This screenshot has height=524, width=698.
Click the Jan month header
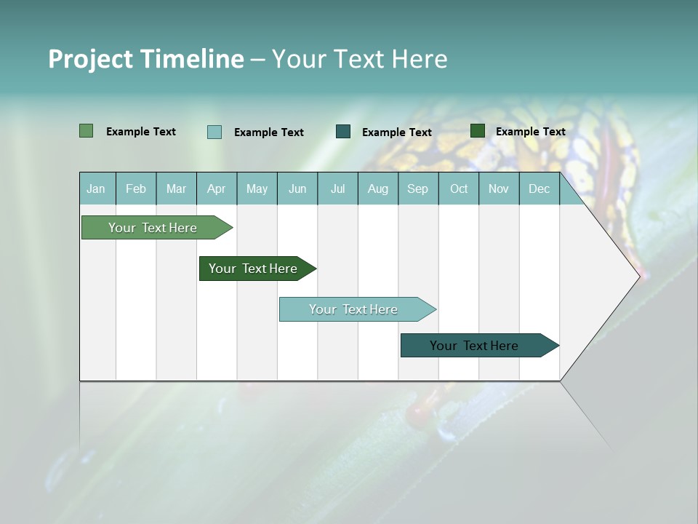[x=97, y=189]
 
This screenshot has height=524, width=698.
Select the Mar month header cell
[x=176, y=189]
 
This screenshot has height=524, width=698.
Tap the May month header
[x=257, y=189]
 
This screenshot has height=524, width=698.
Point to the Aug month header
[x=377, y=189]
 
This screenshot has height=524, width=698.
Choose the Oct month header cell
[x=459, y=189]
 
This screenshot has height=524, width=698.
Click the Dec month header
[x=539, y=189]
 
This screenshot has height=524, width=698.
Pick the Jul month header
[x=337, y=189]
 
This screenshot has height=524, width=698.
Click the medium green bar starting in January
[x=153, y=228]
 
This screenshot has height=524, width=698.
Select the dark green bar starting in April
[x=253, y=269]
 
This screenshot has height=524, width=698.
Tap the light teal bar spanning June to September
[x=353, y=309]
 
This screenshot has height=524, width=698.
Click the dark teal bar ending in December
[x=474, y=346]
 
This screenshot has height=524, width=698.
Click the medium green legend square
[x=86, y=131]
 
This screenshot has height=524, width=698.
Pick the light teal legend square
[x=214, y=132]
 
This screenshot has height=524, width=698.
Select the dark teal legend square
[x=343, y=132]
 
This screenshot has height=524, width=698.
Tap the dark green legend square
[x=478, y=131]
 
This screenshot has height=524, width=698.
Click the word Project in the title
[x=90, y=59]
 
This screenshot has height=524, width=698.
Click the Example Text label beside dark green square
[x=530, y=132]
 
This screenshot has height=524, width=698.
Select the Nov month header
[x=499, y=189]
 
